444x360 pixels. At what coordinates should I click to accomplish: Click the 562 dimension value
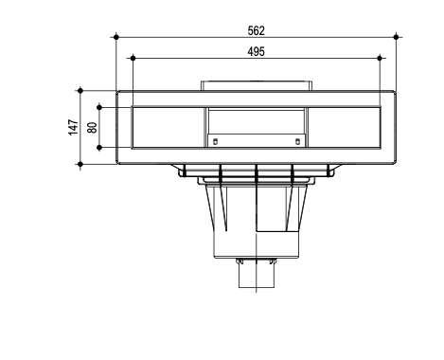pos(256,31)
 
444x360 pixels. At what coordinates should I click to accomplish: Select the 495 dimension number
pos(256,52)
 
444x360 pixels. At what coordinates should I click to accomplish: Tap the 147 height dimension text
pos(74,127)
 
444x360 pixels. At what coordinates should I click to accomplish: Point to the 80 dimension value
pos(93,127)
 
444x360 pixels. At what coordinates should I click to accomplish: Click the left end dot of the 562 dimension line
pos(116,37)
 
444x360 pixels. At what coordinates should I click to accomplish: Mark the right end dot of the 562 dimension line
pos(397,37)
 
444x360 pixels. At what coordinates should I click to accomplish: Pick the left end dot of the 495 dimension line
pos(133,58)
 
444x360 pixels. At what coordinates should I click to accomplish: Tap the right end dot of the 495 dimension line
pos(380,58)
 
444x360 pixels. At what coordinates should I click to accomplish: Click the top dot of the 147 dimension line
pos(80,91)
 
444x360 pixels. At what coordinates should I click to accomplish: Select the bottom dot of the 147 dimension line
pos(80,164)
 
